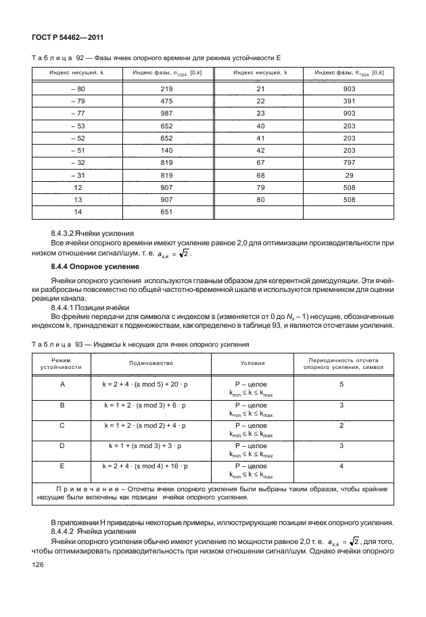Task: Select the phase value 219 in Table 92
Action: [167, 89]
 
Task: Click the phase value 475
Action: [167, 102]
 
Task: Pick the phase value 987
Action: [167, 114]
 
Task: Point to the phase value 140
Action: [167, 151]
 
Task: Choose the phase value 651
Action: [167, 212]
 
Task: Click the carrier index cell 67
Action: [260, 163]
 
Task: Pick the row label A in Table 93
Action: [62, 384]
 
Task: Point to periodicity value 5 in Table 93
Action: [341, 384]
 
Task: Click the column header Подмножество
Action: [147, 363]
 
